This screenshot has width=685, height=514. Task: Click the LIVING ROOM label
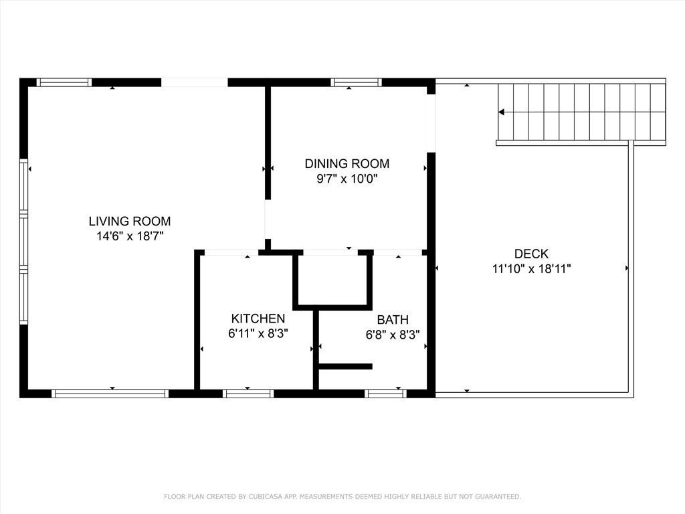coord(130,221)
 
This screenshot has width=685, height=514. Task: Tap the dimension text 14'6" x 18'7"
coord(130,236)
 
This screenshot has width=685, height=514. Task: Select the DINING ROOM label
coord(347,163)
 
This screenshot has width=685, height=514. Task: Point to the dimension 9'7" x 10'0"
coord(347,179)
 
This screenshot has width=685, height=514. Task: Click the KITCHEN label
coord(258,319)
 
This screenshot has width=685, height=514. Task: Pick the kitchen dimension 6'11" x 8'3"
coord(258,333)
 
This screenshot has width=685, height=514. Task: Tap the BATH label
coord(392,320)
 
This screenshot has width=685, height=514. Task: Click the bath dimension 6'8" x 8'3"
coord(392,335)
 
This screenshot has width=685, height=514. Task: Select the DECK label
coord(531,254)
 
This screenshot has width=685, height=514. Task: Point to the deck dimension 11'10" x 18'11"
coord(531,269)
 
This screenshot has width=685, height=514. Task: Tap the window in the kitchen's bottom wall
coord(248,394)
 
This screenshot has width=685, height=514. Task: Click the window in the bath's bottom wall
coord(386,394)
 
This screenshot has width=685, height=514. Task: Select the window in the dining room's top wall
coord(356,82)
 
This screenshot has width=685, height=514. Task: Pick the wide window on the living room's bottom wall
coord(110,394)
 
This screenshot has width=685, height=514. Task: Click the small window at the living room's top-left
coord(64,82)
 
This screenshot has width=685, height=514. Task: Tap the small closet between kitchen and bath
coord(332,280)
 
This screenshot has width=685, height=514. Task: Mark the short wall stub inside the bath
coord(345,366)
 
